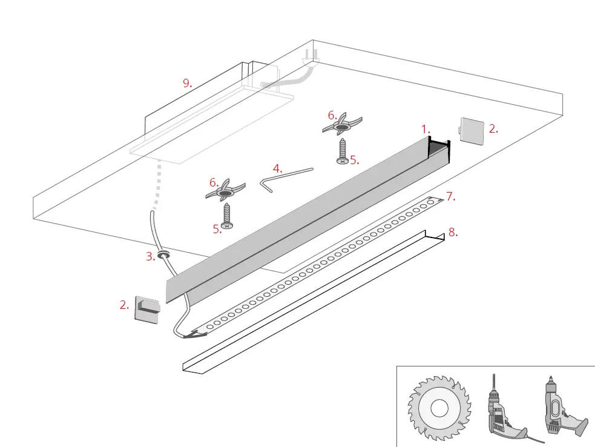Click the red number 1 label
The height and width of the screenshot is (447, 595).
pyautogui.click(x=426, y=129)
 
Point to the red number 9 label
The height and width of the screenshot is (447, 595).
pyautogui.click(x=188, y=84)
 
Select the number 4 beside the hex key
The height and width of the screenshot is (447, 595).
pyautogui.click(x=277, y=168)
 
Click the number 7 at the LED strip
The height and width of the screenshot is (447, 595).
pyautogui.click(x=450, y=196)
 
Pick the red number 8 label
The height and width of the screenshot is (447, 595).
pyautogui.click(x=451, y=232)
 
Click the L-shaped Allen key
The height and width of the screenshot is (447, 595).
pyautogui.click(x=284, y=177)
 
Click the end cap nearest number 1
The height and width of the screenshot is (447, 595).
pyautogui.click(x=473, y=129)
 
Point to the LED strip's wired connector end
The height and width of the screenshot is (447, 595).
pyautogui.click(x=195, y=331)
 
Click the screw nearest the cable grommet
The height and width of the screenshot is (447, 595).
pyautogui.click(x=227, y=216)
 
